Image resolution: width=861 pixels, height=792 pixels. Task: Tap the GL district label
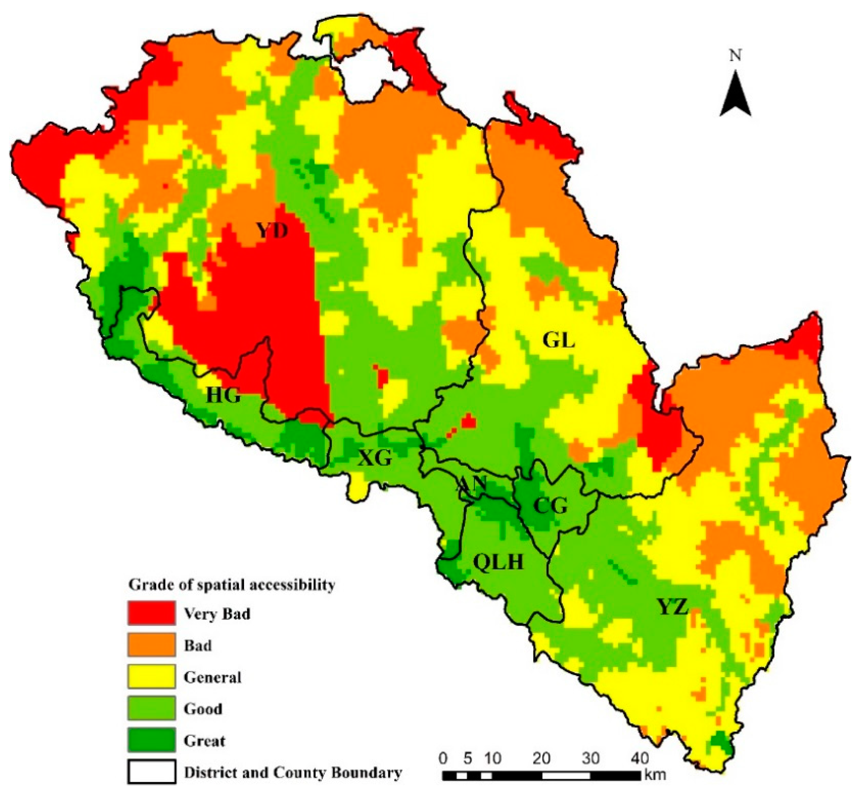(558, 341)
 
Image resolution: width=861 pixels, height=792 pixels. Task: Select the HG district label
(223, 395)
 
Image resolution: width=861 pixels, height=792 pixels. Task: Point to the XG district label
(375, 458)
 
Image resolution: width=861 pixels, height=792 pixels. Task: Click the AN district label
(472, 485)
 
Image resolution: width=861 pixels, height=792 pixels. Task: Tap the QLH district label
(498, 561)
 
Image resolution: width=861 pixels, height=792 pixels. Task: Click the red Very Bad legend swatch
(151, 613)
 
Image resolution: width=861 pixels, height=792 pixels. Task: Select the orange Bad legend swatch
(151, 644)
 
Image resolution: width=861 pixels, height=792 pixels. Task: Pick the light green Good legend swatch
(151, 708)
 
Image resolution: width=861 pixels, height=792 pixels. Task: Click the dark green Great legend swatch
(151, 740)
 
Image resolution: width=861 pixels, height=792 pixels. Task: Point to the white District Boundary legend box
(151, 772)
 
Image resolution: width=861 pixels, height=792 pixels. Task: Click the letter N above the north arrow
(736, 56)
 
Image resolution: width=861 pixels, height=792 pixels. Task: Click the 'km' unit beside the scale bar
(654, 775)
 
